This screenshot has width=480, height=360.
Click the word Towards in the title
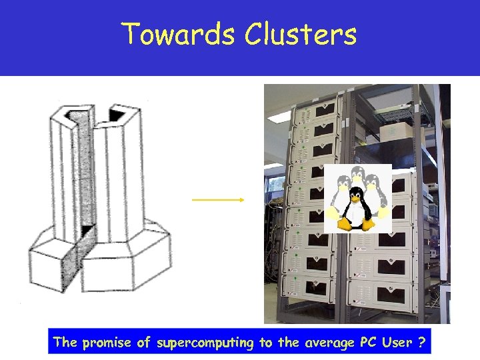(177, 35)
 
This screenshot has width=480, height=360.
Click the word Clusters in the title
(300, 35)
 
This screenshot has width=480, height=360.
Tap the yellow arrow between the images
(218, 199)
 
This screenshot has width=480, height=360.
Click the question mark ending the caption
(421, 343)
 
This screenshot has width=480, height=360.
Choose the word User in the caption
(397, 343)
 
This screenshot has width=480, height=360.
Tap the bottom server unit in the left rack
(311, 287)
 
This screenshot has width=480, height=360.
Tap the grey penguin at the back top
(357, 175)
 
